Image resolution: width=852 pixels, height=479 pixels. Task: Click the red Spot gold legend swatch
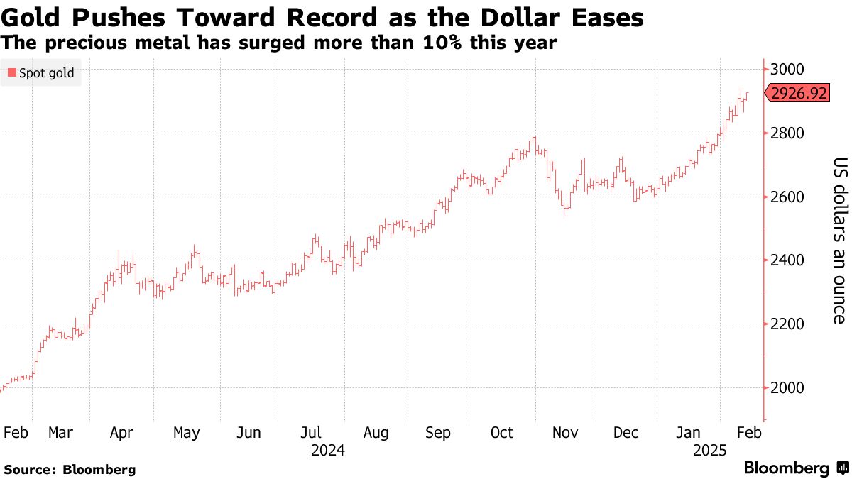[x=11, y=72]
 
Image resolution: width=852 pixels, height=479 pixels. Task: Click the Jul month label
[x=312, y=433]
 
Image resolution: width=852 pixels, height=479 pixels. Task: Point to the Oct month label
[x=502, y=433]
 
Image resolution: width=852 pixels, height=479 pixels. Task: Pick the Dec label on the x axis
[x=627, y=433]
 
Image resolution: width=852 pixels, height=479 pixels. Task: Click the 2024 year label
[x=327, y=450]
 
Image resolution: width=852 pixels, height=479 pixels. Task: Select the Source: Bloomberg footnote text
[x=70, y=469]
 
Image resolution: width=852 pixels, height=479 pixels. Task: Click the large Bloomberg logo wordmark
[x=786, y=468]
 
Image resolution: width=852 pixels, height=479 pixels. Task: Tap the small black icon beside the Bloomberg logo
[x=843, y=468]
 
